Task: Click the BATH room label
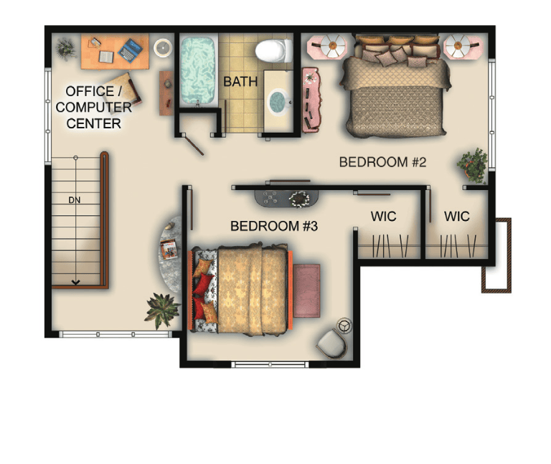click(x=240, y=82)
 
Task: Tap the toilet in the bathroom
click(x=274, y=51)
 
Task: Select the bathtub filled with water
click(x=197, y=70)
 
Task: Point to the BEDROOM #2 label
click(x=382, y=162)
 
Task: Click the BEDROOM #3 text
click(x=274, y=226)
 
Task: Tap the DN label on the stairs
click(x=75, y=200)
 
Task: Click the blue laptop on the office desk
click(x=130, y=50)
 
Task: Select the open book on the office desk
click(x=105, y=57)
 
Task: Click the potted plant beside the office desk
click(x=66, y=49)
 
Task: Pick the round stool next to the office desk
click(x=163, y=47)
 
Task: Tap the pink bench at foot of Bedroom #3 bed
click(x=307, y=291)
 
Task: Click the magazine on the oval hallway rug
click(x=169, y=249)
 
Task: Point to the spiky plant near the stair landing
click(x=161, y=310)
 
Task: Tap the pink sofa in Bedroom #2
click(x=310, y=100)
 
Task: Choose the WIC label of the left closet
click(x=383, y=217)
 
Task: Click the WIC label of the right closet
click(x=457, y=217)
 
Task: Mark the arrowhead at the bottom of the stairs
click(x=75, y=282)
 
